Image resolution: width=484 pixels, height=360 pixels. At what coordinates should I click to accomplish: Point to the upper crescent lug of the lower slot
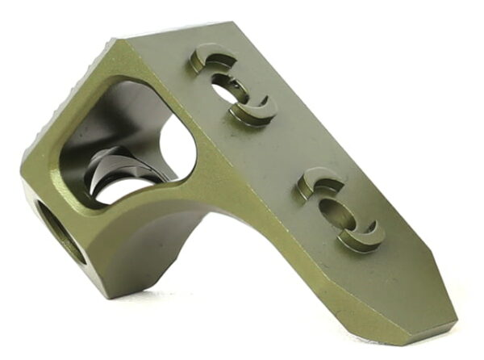pos(318,183)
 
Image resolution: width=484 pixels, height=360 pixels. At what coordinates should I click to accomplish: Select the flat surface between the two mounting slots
pos(282,145)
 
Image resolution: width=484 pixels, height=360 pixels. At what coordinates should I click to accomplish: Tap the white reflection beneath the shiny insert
pos(121,194)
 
